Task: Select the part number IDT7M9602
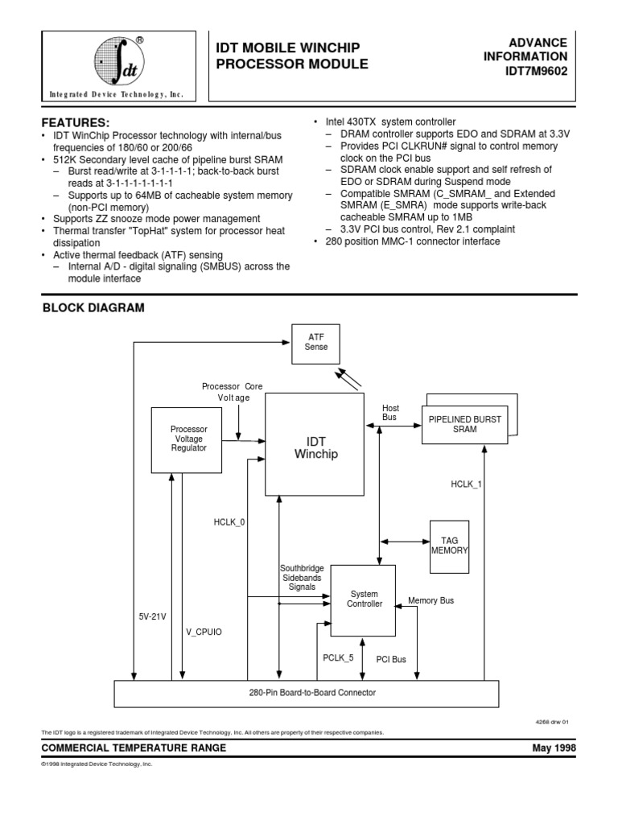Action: [537, 71]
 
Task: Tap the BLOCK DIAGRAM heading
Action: [93, 307]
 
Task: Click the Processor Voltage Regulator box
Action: [188, 439]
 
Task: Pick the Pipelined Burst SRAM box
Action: [464, 424]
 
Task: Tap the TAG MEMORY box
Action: [448, 545]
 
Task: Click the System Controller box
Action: [364, 598]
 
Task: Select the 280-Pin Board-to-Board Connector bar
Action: [307, 692]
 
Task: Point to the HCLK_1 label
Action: [466, 484]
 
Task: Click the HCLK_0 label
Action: [230, 522]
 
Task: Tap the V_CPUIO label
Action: [204, 632]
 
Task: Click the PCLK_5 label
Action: [338, 657]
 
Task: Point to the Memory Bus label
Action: [431, 600]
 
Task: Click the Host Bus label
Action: [390, 412]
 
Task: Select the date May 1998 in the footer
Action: [554, 748]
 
